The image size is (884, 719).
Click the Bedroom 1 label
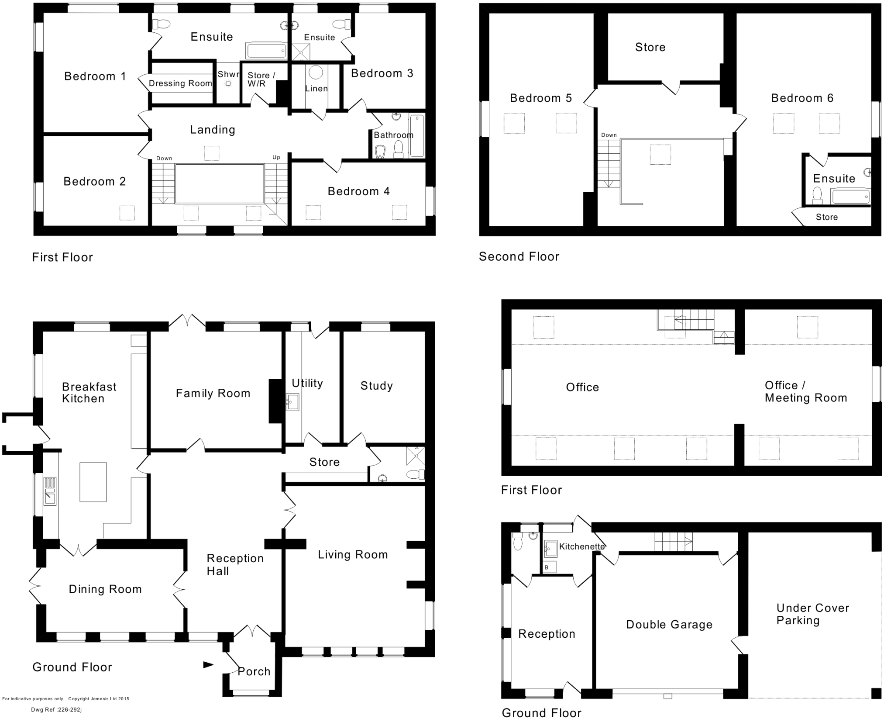[x=95, y=76]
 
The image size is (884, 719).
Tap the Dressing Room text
[x=180, y=83]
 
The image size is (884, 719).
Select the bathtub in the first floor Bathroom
[x=417, y=135]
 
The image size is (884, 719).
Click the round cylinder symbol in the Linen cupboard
[x=316, y=72]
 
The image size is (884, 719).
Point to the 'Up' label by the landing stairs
[x=276, y=157]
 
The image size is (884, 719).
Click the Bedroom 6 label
[x=802, y=98]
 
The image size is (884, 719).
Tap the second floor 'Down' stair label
[x=609, y=135]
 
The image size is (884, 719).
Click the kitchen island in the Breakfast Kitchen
[x=93, y=482]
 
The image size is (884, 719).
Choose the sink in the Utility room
[x=292, y=402]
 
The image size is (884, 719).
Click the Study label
[x=376, y=386]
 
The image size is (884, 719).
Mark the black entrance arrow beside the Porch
[x=208, y=665]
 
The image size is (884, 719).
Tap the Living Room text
[x=352, y=555]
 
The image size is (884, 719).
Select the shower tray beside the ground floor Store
[x=415, y=456]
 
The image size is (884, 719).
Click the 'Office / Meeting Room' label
[x=805, y=391]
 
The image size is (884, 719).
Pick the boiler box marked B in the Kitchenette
[x=550, y=567]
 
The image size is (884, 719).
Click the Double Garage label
[x=669, y=625]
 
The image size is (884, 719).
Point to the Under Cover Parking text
[x=812, y=614]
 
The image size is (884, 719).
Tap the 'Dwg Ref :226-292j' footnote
[x=56, y=710]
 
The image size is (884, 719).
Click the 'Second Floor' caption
[x=519, y=256]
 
